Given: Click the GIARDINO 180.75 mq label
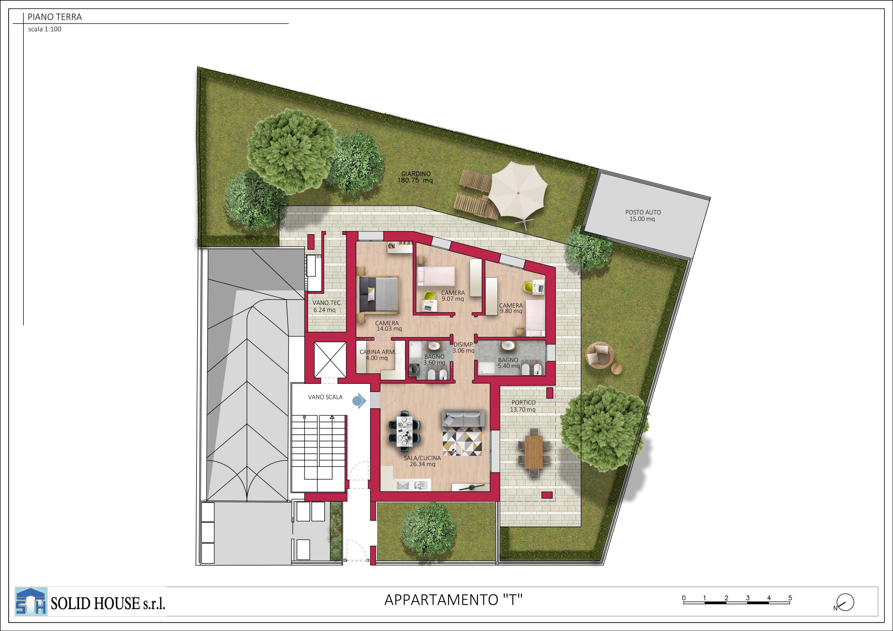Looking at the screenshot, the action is [x=415, y=177].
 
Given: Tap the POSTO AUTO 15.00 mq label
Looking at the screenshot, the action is [x=643, y=215].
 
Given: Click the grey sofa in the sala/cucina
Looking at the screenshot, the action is [x=463, y=418].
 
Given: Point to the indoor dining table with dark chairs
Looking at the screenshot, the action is [x=405, y=430].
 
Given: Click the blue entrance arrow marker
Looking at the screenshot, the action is [x=359, y=401].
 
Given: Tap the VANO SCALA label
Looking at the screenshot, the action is [x=325, y=397].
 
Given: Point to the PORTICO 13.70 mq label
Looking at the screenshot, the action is [x=523, y=406].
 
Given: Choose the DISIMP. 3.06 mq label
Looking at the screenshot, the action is [x=464, y=348].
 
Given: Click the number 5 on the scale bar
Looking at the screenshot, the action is [x=790, y=598].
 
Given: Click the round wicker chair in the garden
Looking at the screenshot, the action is [x=600, y=355].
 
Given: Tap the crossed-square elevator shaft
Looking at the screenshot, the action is [x=330, y=360].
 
